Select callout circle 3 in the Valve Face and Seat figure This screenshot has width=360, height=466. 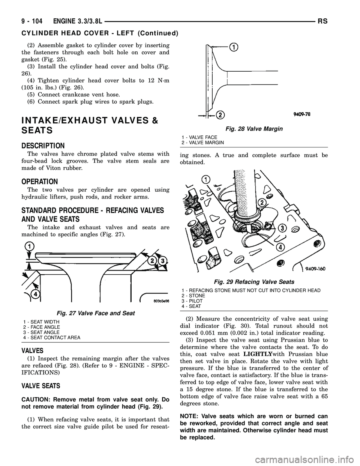(x=162, y=260)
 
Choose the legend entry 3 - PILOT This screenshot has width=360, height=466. (x=192, y=301)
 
